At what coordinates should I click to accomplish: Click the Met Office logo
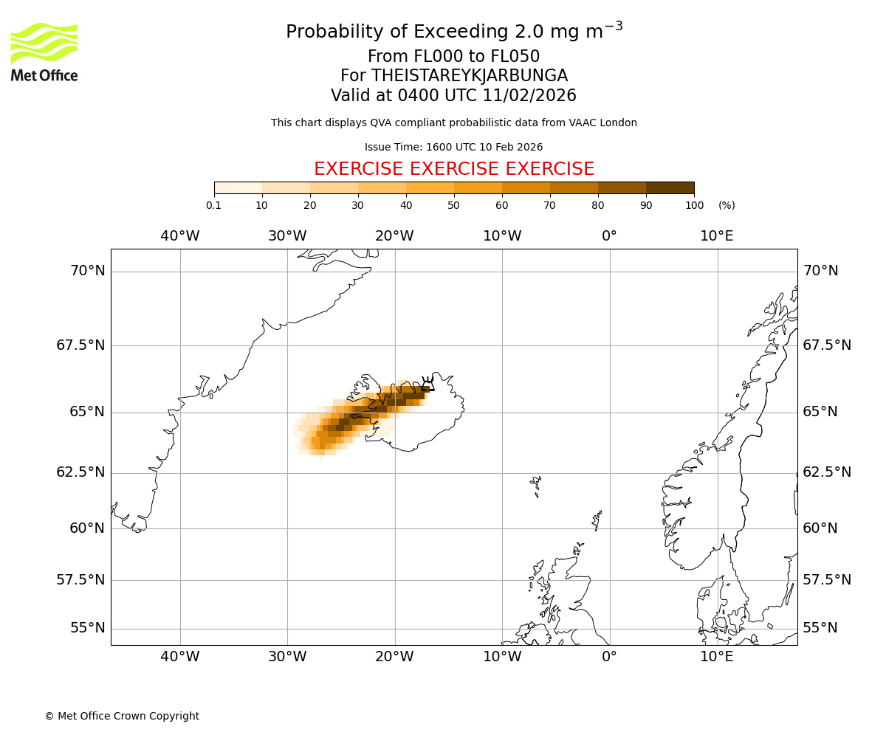pos(44,52)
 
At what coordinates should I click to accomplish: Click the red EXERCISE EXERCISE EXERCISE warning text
pos(454,169)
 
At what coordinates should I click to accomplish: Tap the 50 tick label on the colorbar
pos(454,205)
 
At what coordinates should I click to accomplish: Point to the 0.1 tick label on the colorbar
pos(213,205)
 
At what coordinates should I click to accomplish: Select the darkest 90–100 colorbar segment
pos(670,187)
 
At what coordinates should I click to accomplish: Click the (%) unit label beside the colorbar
pos(727,205)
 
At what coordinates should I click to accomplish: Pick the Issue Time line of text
pos(454,147)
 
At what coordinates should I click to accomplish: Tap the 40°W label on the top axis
pos(180,236)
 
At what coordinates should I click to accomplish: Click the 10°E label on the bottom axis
pos(717,657)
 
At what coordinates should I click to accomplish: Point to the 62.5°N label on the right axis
pos(827,472)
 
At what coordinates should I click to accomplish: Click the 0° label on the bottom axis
pos(609,657)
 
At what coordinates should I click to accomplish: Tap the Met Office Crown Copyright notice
pos(122,716)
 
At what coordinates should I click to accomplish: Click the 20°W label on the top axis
pos(394,236)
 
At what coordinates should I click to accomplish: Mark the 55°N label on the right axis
pos(820,628)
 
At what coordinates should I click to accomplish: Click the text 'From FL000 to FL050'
pos(454,57)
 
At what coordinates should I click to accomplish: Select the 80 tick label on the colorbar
pos(598,205)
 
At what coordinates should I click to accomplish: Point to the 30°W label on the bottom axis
pos(287,657)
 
